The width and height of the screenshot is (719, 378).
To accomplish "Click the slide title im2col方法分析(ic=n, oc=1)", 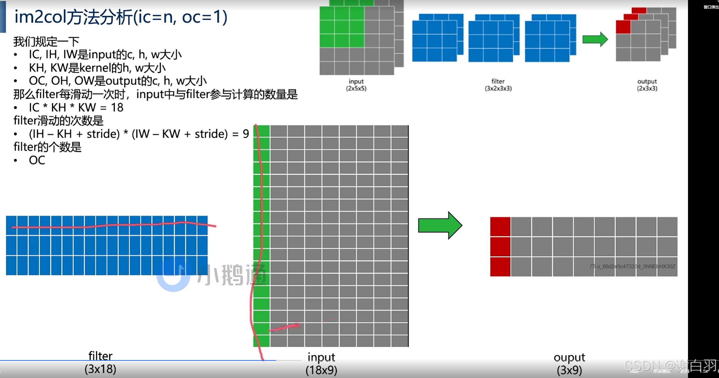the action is click(x=121, y=17).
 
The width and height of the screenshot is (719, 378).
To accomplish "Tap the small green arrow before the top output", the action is click(x=595, y=40).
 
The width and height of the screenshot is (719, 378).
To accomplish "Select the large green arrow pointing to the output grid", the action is click(x=440, y=225).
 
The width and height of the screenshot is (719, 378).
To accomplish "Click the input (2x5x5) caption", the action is click(x=356, y=85).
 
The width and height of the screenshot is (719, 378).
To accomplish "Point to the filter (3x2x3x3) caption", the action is click(x=498, y=85).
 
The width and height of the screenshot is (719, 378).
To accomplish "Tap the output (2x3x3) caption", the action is click(x=647, y=85).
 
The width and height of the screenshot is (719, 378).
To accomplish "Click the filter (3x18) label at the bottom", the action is click(x=100, y=363).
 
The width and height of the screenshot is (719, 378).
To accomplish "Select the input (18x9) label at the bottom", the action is click(x=321, y=364).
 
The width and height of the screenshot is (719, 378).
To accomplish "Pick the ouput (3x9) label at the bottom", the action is click(x=569, y=364).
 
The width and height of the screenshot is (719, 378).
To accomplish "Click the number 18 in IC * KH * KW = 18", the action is click(x=117, y=108).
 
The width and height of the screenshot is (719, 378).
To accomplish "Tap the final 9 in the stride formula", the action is click(x=246, y=134).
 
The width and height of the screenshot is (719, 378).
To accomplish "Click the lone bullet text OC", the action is click(x=37, y=160).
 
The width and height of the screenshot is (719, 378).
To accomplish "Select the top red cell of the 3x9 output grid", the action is click(x=500, y=226).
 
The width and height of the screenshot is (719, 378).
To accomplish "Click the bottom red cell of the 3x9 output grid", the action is click(x=500, y=266).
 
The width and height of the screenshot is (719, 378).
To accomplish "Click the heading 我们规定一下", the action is click(x=46, y=41).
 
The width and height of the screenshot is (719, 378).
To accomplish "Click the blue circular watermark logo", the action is click(x=173, y=275).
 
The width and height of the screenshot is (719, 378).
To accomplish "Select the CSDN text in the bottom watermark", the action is click(x=642, y=365).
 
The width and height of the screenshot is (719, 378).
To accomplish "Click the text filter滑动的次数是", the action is click(x=58, y=121).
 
